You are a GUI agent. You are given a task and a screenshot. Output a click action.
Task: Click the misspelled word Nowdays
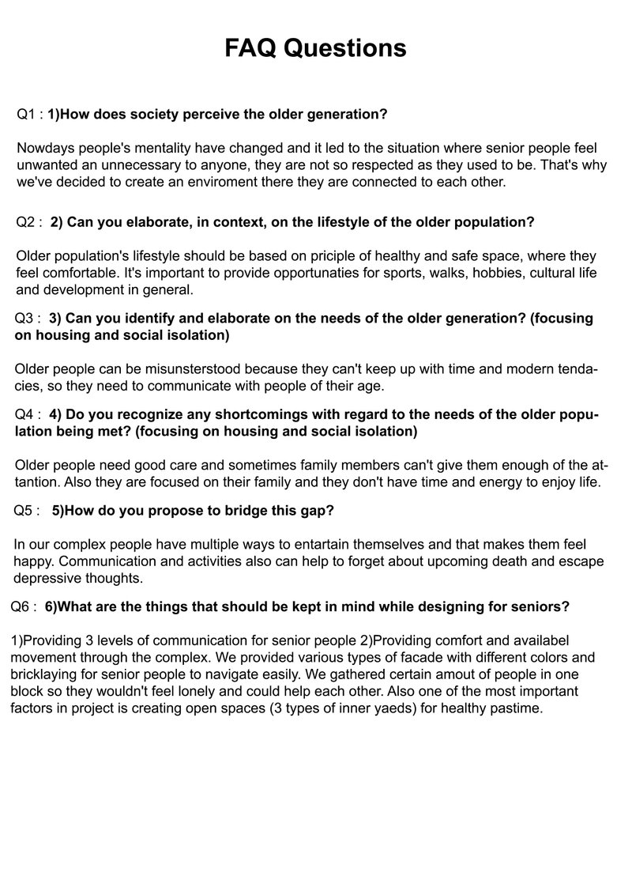(x=43, y=148)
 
